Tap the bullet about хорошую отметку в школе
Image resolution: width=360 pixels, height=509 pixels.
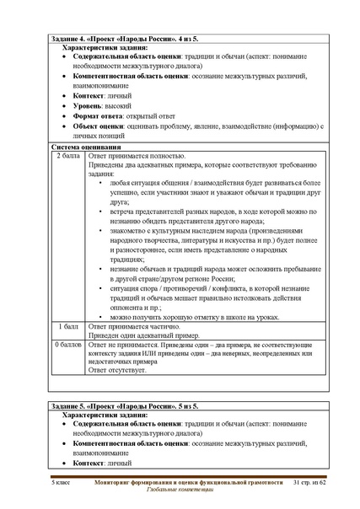199,315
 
